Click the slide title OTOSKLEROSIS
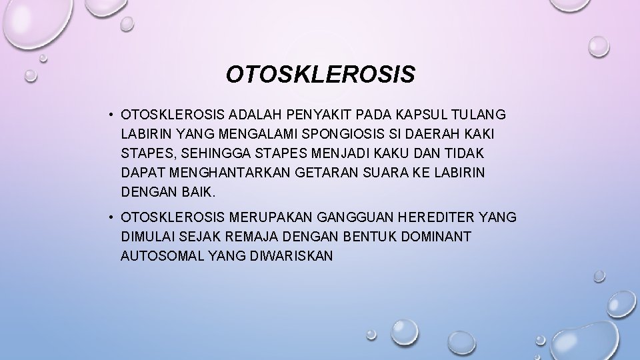pyautogui.click(x=320, y=75)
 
